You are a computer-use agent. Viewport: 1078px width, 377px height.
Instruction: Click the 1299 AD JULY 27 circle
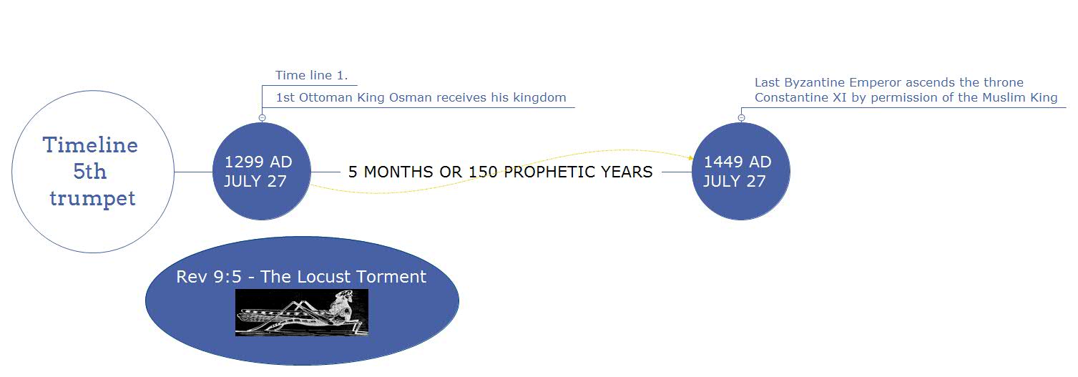click(262, 172)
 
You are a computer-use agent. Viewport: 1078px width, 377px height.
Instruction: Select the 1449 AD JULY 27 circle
click(741, 172)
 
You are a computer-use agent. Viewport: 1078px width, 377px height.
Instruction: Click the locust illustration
click(302, 313)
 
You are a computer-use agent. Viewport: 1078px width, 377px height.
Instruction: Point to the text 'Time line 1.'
click(311, 76)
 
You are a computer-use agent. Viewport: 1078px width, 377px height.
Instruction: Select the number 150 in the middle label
click(484, 172)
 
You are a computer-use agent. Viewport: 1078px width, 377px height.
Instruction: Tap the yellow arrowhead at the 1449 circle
click(691, 157)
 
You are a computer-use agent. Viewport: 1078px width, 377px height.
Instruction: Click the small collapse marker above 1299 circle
click(263, 118)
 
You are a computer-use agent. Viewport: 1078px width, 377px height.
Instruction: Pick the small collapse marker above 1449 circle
click(742, 118)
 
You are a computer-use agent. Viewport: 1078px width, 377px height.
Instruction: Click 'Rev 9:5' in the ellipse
click(209, 277)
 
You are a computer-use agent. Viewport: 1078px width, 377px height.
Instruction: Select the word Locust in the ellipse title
click(325, 277)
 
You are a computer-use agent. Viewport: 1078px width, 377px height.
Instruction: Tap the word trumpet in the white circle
click(92, 198)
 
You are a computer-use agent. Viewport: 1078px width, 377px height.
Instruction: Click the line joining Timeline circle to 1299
click(193, 172)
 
